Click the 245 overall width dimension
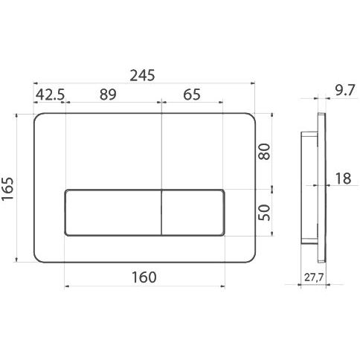tap(142, 75)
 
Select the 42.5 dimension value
tap(51, 94)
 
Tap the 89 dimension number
tap(108, 94)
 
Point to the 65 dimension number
tap(192, 94)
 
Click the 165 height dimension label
tap(7, 188)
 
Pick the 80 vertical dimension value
tap(264, 152)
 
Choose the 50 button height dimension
tap(264, 213)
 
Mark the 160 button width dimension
tap(144, 277)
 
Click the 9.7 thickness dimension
tap(345, 90)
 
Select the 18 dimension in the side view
tap(343, 179)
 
